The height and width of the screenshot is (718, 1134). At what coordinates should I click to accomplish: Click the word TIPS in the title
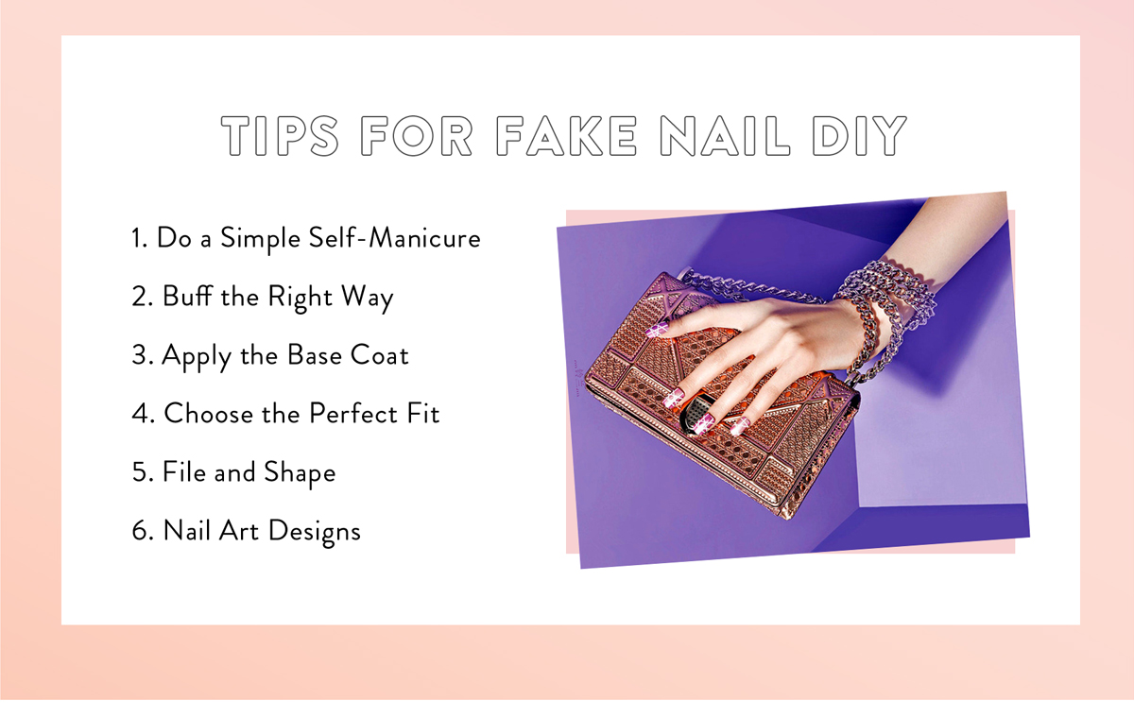tap(280, 136)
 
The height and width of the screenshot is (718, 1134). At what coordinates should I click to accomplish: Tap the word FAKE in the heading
tap(566, 136)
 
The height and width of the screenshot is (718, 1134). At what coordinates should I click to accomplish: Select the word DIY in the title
tap(859, 136)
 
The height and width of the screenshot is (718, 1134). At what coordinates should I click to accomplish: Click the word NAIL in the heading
tap(725, 136)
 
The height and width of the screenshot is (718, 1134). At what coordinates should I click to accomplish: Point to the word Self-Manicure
tap(394, 237)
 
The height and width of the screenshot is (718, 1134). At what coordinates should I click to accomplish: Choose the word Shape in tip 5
tap(300, 473)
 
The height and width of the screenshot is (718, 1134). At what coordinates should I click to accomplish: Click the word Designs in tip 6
tap(315, 532)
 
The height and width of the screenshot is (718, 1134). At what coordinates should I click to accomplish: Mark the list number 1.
tap(139, 238)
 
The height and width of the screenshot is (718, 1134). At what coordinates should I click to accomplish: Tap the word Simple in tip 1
tap(260, 239)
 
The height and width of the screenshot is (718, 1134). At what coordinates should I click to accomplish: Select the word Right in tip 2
tap(301, 298)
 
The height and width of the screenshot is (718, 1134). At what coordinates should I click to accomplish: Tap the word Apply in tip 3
tap(197, 356)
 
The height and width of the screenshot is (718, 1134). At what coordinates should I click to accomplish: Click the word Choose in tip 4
tap(208, 413)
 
